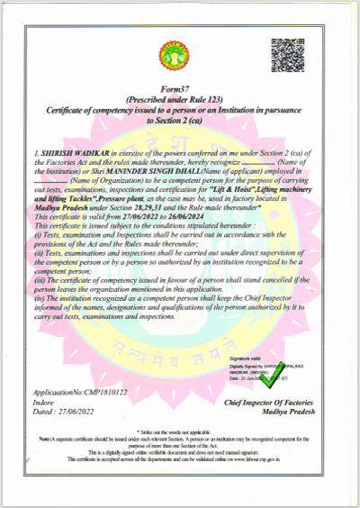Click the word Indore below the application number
tap(42, 402)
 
